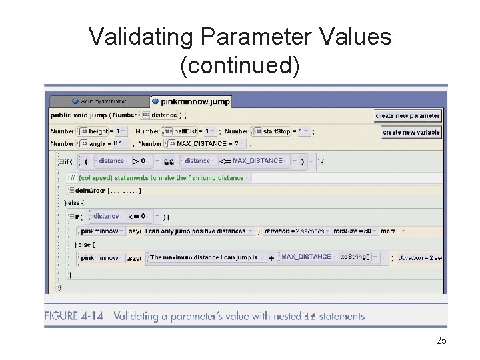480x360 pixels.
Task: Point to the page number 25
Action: [x=441, y=341]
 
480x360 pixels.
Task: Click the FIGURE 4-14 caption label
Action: [x=73, y=316]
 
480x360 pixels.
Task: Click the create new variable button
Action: [x=411, y=132]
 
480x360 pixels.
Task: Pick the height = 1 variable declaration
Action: [x=107, y=131]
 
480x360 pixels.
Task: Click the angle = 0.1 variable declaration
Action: [x=107, y=143]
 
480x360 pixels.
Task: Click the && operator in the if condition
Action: [x=169, y=161]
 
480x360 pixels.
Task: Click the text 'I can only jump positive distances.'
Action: [x=197, y=231]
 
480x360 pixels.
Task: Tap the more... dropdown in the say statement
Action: [x=392, y=231]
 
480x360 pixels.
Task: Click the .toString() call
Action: [x=356, y=257]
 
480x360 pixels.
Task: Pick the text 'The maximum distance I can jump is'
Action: [x=205, y=257]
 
